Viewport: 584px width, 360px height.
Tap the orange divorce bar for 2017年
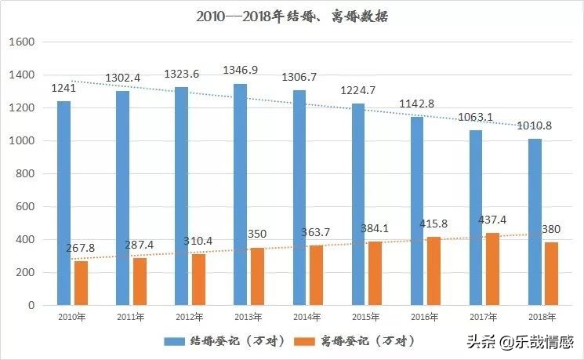(x=492, y=268)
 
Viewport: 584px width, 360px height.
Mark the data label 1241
(x=63, y=88)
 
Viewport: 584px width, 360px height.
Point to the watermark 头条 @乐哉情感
(x=521, y=342)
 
